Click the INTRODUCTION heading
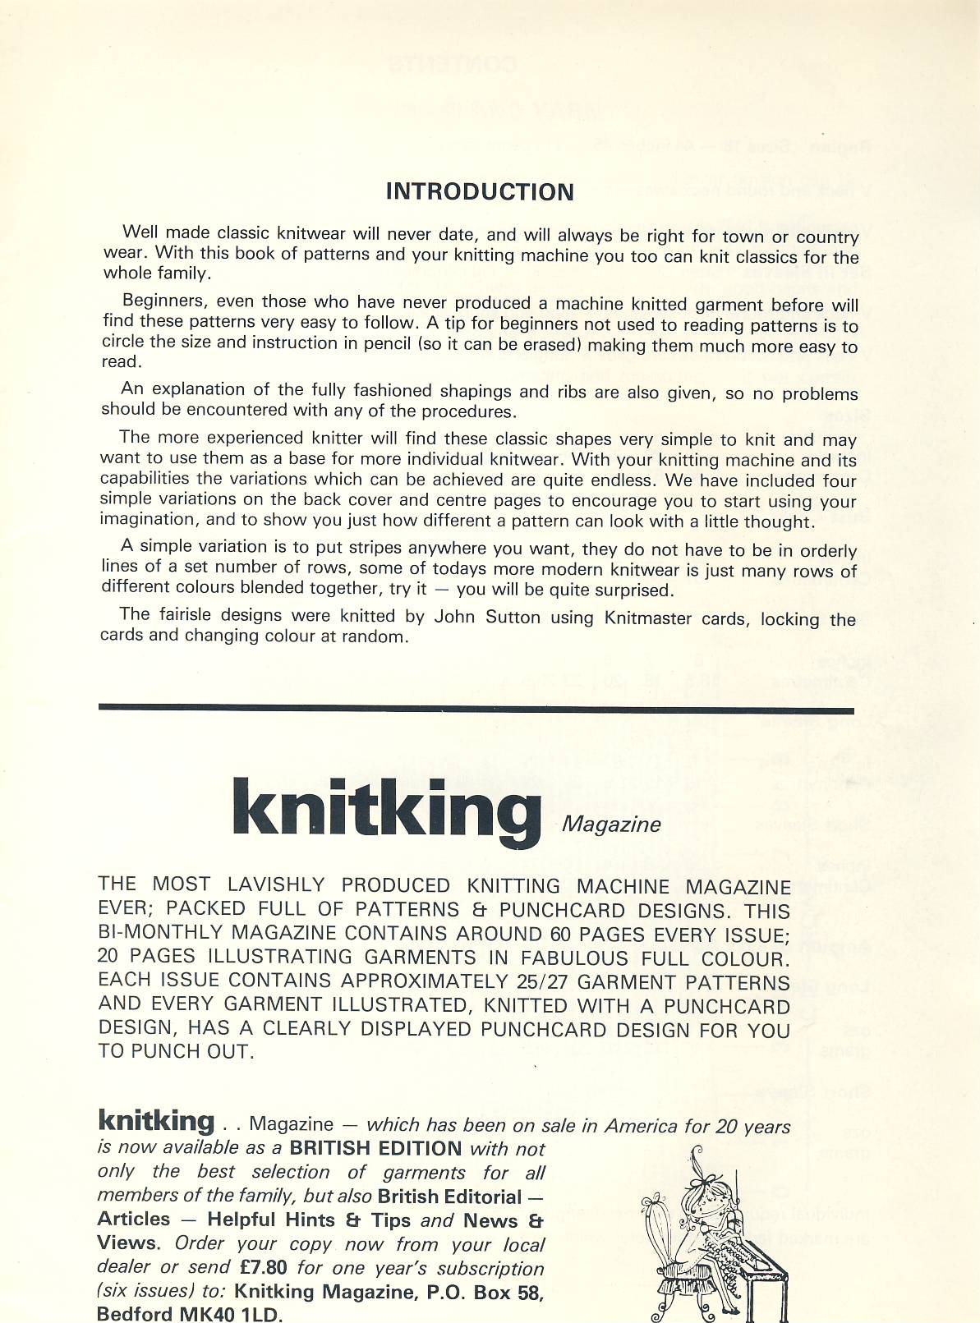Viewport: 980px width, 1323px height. (480, 192)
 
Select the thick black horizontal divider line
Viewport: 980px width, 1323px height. (476, 709)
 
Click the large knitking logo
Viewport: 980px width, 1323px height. (386, 808)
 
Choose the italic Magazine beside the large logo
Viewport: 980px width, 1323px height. (611, 825)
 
